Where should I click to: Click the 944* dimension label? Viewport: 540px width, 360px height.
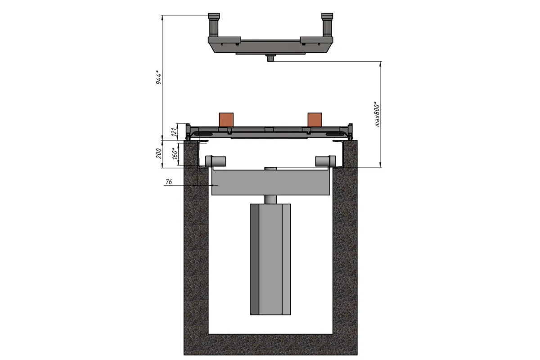(x=158, y=77)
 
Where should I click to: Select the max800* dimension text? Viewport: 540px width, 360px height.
(x=377, y=114)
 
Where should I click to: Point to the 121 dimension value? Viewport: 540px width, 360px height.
(x=174, y=132)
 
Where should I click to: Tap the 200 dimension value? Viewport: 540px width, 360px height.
(x=158, y=153)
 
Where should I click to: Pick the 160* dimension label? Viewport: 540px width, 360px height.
(x=175, y=153)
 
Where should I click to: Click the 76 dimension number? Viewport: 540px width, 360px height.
(x=169, y=181)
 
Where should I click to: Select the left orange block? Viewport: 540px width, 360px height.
(x=226, y=120)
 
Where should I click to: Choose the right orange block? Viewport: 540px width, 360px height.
(x=315, y=120)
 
